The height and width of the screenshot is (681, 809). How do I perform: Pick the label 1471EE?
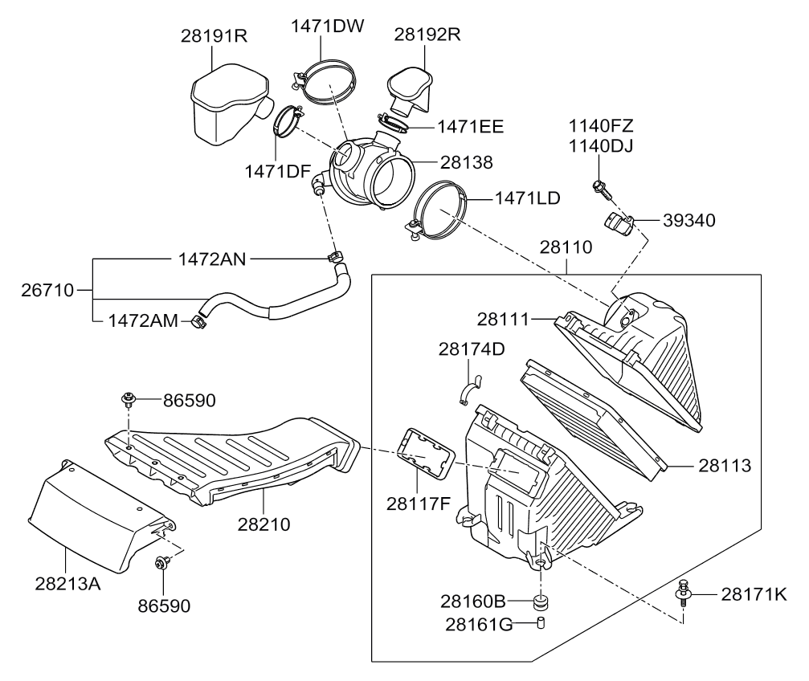pos(470,126)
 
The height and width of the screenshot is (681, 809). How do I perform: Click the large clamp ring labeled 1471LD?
pos(438,210)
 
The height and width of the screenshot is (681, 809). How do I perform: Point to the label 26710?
pos(47,289)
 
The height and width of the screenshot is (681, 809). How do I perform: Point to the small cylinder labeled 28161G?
pos(541,623)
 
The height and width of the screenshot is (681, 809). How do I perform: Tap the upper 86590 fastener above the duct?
pos(129,398)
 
